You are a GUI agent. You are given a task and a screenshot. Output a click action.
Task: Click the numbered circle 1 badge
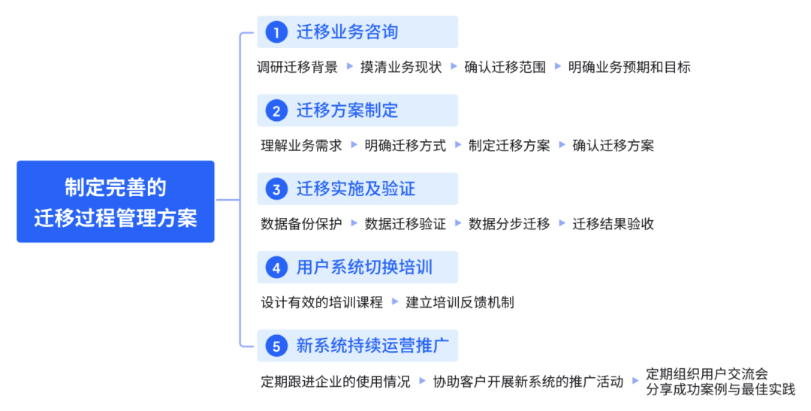pos(277,32)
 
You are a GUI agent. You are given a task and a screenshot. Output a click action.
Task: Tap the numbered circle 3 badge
pos(277,189)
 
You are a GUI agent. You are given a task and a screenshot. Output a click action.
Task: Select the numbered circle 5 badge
pos(277,346)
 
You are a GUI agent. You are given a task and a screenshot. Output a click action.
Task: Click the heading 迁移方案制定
pos(347,110)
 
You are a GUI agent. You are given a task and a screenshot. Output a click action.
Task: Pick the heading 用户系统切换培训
pos(364,267)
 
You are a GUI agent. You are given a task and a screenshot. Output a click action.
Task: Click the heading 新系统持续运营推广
pos(372,346)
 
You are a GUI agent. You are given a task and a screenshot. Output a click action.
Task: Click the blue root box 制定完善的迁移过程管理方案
pos(116,201)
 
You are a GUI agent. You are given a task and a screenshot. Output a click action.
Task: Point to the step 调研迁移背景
pos(297,67)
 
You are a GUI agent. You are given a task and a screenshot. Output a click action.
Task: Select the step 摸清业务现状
pos(401,67)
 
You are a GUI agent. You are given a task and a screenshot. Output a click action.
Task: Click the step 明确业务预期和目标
pos(629,67)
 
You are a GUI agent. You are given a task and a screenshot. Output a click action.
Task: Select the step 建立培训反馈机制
pos(460,302)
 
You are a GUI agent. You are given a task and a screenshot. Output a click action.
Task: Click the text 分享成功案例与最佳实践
pos(720,389)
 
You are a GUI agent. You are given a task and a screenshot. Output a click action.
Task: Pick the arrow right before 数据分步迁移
pos(458,223)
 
